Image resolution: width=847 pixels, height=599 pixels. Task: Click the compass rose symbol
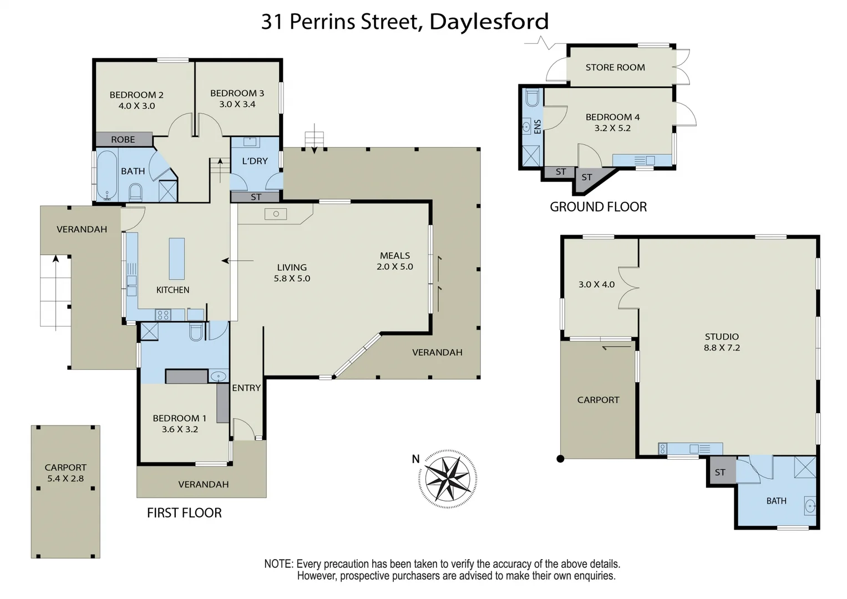448,478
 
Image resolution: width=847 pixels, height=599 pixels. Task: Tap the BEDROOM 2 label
136,95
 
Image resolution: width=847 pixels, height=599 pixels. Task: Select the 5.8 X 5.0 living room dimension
292,278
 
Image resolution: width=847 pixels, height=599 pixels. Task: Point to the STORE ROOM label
615,68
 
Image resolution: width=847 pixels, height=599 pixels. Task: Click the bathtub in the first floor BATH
106,175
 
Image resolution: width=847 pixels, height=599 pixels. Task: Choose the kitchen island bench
176,258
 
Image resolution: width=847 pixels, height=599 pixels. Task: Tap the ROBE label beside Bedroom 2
123,140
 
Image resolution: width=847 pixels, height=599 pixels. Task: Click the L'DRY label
255,161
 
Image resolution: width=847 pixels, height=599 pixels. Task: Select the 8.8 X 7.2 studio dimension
722,348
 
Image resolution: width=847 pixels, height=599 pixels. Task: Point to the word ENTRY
246,388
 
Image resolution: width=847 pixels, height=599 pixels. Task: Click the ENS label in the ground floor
537,127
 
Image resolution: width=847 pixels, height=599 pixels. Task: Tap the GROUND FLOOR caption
598,207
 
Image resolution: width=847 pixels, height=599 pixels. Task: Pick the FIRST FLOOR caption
184,513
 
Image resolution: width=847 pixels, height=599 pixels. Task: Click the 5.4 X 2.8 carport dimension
65,479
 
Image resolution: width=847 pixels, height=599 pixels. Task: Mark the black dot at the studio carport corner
560,459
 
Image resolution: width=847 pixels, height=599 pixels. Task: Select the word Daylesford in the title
489,22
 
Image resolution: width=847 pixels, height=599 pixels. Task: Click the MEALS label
395,256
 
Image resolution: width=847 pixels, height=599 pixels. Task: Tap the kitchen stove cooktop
163,315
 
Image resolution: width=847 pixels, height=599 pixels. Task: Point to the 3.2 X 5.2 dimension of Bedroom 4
612,128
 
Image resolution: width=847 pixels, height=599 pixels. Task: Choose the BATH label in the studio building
776,501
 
